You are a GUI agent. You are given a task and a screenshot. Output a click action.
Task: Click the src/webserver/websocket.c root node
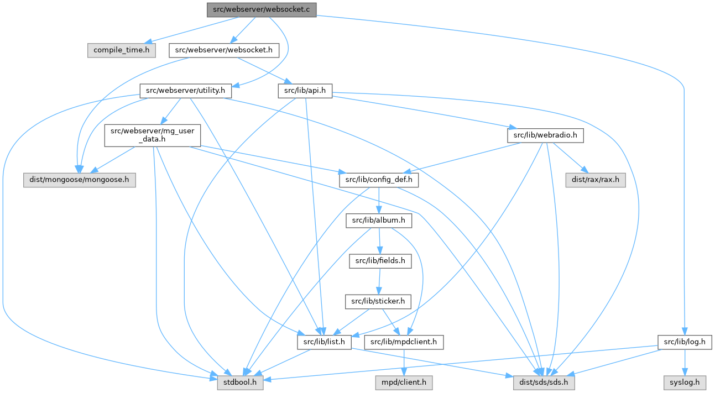pyautogui.click(x=262, y=9)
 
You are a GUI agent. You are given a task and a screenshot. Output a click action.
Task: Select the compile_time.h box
pyautogui.click(x=121, y=50)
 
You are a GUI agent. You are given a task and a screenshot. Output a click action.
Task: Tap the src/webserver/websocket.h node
pyautogui.click(x=223, y=50)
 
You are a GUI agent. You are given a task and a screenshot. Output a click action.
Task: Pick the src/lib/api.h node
pyautogui.click(x=305, y=90)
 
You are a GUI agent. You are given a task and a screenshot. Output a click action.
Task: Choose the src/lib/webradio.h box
pyautogui.click(x=545, y=135)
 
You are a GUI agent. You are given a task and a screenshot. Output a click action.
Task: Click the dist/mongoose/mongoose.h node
pyautogui.click(x=79, y=180)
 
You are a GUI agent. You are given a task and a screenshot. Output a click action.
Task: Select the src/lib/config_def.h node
pyautogui.click(x=379, y=180)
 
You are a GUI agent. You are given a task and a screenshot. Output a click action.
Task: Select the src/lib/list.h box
pyautogui.click(x=324, y=342)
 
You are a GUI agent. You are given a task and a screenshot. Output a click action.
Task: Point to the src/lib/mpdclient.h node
pyautogui.click(x=404, y=342)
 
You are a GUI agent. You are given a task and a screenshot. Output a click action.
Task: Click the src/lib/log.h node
pyautogui.click(x=685, y=342)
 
